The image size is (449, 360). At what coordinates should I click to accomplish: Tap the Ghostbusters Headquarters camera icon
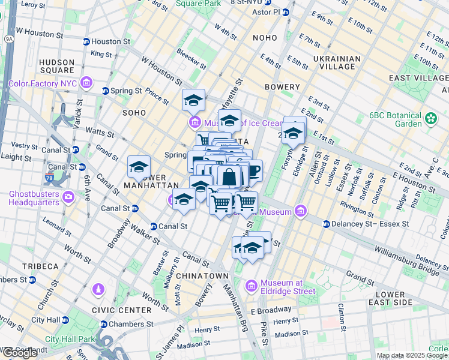click(x=68, y=196)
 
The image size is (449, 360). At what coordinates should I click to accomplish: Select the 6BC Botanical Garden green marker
click(x=430, y=119)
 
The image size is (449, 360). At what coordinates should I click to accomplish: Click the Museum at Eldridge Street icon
click(x=252, y=284)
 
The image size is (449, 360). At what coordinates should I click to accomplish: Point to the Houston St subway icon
click(x=86, y=42)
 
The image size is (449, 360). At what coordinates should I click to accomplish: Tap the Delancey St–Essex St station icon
click(x=326, y=224)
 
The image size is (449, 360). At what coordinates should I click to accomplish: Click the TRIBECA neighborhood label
click(x=41, y=266)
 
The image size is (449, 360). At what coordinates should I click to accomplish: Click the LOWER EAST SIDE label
click(x=394, y=298)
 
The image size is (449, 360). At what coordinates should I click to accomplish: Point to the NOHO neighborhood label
click(x=265, y=38)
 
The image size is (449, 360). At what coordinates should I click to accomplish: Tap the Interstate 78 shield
click(x=50, y=178)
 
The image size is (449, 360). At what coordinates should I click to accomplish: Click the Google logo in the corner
click(x=20, y=352)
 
